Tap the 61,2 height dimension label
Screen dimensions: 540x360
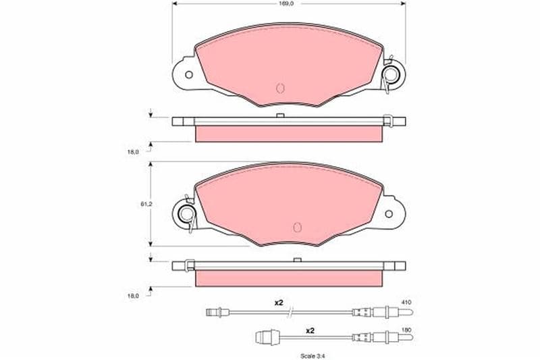click(x=146, y=204)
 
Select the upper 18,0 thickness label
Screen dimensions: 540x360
click(x=133, y=151)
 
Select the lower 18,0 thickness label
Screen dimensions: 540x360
click(x=133, y=296)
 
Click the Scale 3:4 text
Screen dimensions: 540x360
click(x=313, y=356)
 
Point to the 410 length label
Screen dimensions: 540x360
click(x=406, y=302)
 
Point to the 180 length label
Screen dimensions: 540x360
click(x=406, y=330)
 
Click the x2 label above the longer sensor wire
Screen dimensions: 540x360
click(x=278, y=303)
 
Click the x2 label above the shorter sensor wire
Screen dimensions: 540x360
click(x=310, y=331)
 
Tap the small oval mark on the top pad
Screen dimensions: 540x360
click(x=280, y=88)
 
